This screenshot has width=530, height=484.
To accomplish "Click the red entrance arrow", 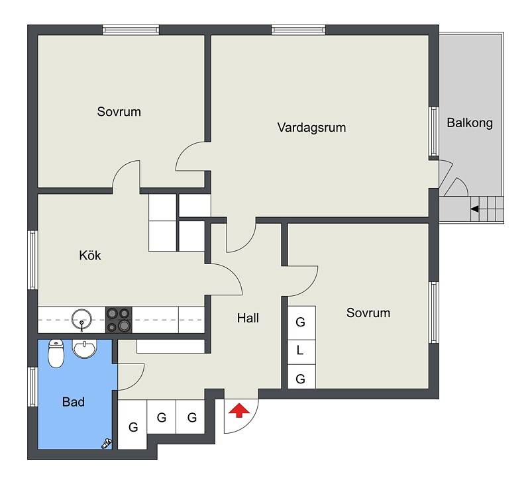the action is (x=239, y=411).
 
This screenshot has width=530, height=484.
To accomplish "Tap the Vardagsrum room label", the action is (x=311, y=127).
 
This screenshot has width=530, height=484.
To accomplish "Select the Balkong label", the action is (x=470, y=122).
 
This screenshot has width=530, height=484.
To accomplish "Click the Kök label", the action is (x=90, y=255).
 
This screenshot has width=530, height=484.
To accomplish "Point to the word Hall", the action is (x=248, y=318).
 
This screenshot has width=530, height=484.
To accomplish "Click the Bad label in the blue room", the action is (x=74, y=402).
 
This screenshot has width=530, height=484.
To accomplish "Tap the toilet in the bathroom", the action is (x=56, y=354).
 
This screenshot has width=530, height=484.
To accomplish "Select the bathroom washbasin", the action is (x=85, y=348).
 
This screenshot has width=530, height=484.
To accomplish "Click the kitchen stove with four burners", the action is (x=119, y=320).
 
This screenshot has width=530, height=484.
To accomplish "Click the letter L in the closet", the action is (x=300, y=351).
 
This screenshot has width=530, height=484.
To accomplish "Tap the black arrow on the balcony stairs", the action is (x=474, y=209).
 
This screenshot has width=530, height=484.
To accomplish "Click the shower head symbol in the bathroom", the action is (x=107, y=444).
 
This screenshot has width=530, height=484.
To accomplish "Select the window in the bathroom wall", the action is (x=32, y=387).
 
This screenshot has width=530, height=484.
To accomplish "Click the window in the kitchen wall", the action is (x=32, y=260).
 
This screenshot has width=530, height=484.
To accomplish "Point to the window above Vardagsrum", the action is (x=299, y=30).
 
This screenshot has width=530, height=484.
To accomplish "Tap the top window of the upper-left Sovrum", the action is (x=131, y=30).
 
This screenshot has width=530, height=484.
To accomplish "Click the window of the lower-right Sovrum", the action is (x=434, y=313).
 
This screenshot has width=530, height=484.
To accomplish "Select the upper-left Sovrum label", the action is (x=119, y=111).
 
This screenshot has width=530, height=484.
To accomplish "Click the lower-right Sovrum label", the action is (x=368, y=313).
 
